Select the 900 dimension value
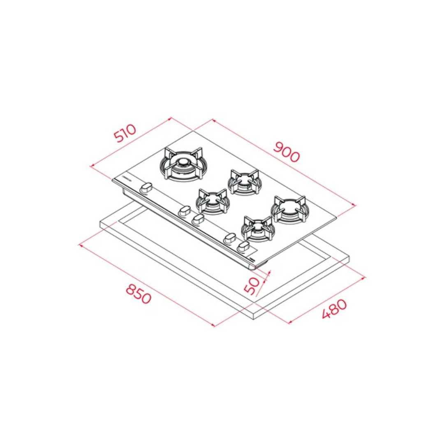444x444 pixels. coord(286,152)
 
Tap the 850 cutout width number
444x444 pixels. coord(139,294)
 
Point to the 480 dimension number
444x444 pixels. coord(334,309)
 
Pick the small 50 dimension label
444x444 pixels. coord(252,285)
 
